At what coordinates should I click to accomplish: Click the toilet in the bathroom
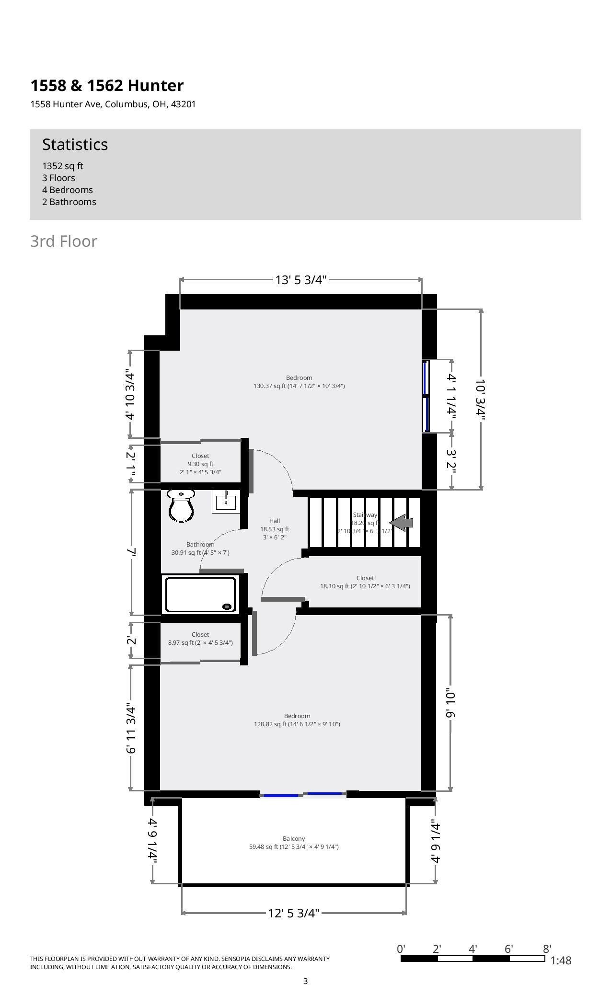[x=181, y=506]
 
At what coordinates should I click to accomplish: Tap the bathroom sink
[x=225, y=502]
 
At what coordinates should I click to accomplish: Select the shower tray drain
[x=226, y=606]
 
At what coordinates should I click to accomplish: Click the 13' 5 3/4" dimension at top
[x=300, y=280]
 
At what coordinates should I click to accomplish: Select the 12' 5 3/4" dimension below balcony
[x=293, y=913]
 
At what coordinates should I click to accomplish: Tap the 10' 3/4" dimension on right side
[x=481, y=400]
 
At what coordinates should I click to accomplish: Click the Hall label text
[x=275, y=521]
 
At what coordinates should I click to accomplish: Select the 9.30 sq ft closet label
[x=200, y=464]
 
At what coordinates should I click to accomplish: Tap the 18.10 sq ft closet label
[x=365, y=582]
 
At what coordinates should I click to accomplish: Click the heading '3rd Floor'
[x=64, y=241]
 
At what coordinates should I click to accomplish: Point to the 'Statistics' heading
[x=75, y=144]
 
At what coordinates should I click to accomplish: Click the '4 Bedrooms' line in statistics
[x=68, y=190]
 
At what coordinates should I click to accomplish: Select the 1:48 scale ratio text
[x=561, y=960]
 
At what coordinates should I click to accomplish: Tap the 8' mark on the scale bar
[x=547, y=949]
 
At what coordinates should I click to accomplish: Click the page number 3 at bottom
[x=305, y=982]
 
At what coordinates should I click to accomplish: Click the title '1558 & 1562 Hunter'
[x=107, y=85]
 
